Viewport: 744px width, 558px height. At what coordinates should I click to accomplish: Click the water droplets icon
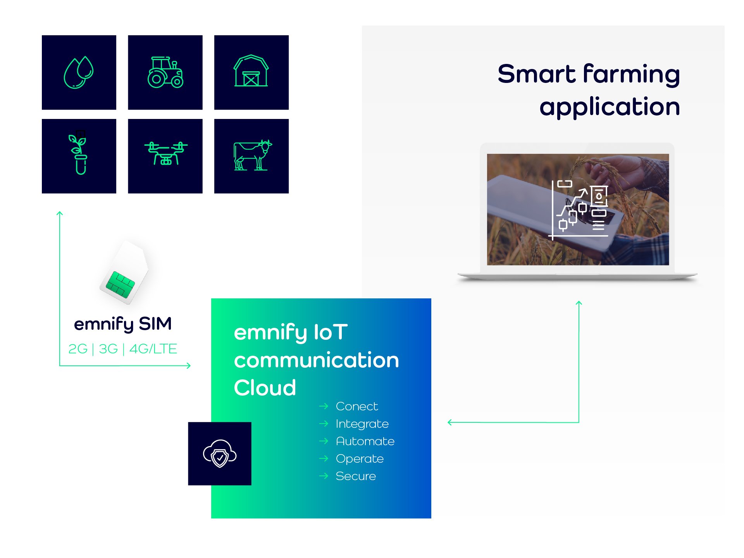click(x=79, y=72)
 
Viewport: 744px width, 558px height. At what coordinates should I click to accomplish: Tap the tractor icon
click(x=165, y=72)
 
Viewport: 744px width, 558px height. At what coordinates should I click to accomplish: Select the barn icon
click(x=251, y=71)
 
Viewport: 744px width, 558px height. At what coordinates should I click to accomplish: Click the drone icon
click(x=166, y=153)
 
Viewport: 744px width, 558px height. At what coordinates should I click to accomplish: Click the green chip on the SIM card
click(x=121, y=285)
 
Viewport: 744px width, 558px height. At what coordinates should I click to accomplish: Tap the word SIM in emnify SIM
click(x=155, y=324)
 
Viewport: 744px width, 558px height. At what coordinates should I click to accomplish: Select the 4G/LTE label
click(x=153, y=349)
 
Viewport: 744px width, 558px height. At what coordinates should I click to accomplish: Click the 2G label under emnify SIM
click(x=78, y=349)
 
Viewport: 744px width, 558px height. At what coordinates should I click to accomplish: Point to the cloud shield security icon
click(x=220, y=453)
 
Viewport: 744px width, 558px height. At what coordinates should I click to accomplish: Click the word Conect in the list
click(x=357, y=406)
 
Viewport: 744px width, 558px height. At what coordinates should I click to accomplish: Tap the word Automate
click(x=365, y=441)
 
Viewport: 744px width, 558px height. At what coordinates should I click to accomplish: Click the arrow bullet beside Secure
click(x=324, y=476)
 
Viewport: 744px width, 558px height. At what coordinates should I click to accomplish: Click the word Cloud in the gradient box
click(x=265, y=387)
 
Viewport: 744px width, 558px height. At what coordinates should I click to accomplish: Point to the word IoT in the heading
click(x=331, y=332)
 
